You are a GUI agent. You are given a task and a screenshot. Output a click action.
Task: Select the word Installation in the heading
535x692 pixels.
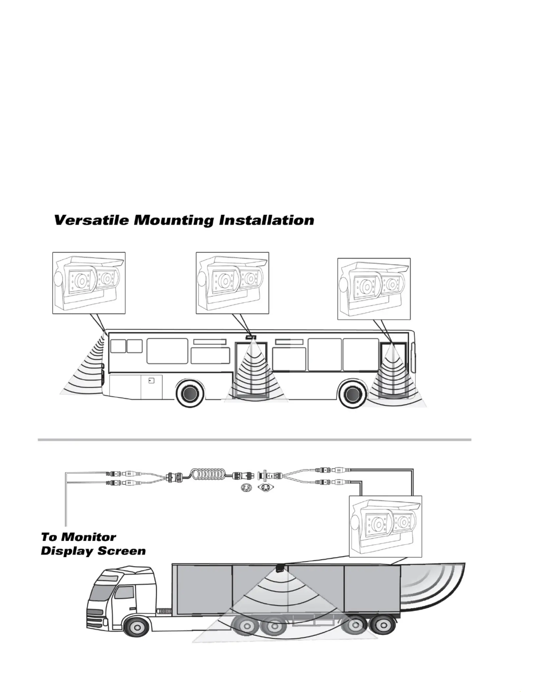click(x=267, y=220)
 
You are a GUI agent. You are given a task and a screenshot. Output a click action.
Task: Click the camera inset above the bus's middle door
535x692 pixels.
click(x=232, y=283)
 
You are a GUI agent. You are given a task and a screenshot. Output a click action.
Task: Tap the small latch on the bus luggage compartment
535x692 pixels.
click(x=151, y=381)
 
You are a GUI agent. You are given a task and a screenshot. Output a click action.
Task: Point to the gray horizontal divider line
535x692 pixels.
click(x=254, y=439)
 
